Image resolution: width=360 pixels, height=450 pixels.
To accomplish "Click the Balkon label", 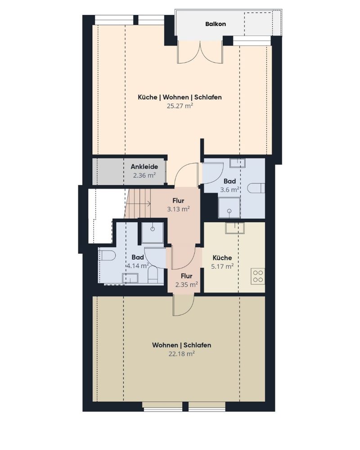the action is (215, 24).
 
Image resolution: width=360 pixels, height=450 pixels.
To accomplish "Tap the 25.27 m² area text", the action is (180, 106).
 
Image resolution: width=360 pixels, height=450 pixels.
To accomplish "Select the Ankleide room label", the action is (144, 166).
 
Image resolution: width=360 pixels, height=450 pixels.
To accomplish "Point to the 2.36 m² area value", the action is (144, 175).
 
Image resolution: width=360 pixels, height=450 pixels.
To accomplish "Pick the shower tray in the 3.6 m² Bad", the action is (229, 208).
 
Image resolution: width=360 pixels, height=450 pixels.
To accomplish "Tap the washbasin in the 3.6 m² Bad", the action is (237, 163).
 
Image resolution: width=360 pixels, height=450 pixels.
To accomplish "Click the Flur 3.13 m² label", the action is (178, 205).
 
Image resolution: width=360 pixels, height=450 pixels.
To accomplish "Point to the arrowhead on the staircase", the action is (148, 204).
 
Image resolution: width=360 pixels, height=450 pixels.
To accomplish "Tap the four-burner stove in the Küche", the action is (258, 276).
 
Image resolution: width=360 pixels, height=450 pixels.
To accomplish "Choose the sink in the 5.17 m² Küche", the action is (235, 228).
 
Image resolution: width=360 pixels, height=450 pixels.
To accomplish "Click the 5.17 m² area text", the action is (222, 266).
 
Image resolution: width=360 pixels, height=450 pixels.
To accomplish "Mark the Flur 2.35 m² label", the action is (187, 280).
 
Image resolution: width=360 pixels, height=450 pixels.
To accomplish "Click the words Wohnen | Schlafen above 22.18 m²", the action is (181, 345).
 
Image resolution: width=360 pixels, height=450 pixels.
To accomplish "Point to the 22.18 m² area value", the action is (182, 354).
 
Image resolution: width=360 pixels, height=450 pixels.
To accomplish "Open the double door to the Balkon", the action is (200, 52).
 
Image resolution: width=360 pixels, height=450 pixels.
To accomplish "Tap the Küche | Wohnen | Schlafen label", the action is (180, 97).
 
